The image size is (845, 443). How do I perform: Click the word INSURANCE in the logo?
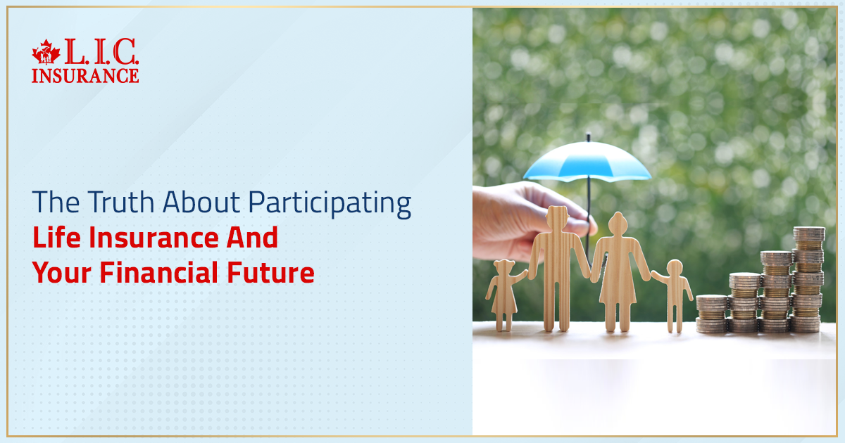(85, 75)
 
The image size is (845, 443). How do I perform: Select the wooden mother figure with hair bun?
(618, 271)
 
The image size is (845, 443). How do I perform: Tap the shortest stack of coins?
(711, 314)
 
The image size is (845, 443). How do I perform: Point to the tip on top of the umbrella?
(588, 135)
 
